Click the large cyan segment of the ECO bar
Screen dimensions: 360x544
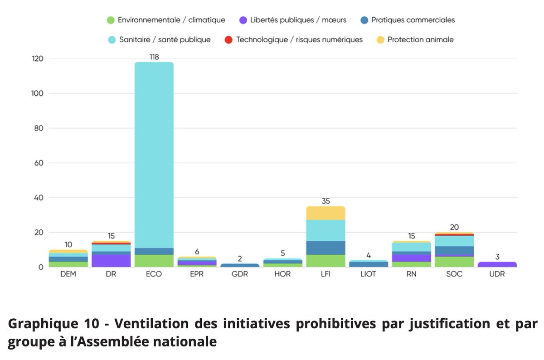tap(154, 154)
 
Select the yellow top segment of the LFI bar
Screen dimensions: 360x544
tap(325, 213)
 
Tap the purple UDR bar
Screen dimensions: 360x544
tap(497, 264)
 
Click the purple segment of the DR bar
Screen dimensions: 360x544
tap(111, 260)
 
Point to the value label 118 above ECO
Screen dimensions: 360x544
tap(154, 57)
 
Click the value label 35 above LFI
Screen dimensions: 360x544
tap(325, 201)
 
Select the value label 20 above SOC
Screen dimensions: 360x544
tap(454, 227)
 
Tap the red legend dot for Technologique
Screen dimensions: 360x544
tap(228, 39)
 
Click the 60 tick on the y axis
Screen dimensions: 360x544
tap(39, 163)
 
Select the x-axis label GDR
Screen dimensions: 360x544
tap(240, 275)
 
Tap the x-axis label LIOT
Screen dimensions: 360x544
tap(369, 275)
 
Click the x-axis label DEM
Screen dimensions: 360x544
tap(68, 275)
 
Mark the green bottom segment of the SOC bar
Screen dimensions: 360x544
tap(454, 262)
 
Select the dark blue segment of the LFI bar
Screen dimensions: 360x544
tap(325, 248)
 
